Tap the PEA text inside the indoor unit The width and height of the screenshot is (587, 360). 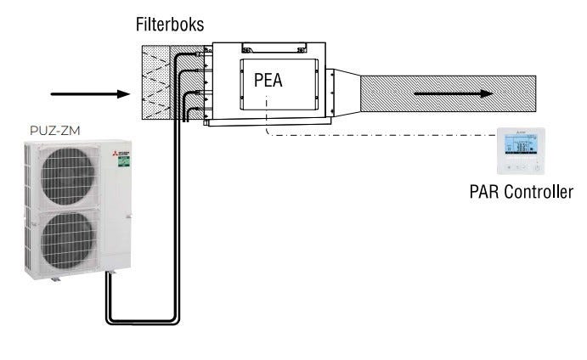pos(268,82)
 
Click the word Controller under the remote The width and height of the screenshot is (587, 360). pos(538,192)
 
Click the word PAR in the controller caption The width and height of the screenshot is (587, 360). pos(485,192)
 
